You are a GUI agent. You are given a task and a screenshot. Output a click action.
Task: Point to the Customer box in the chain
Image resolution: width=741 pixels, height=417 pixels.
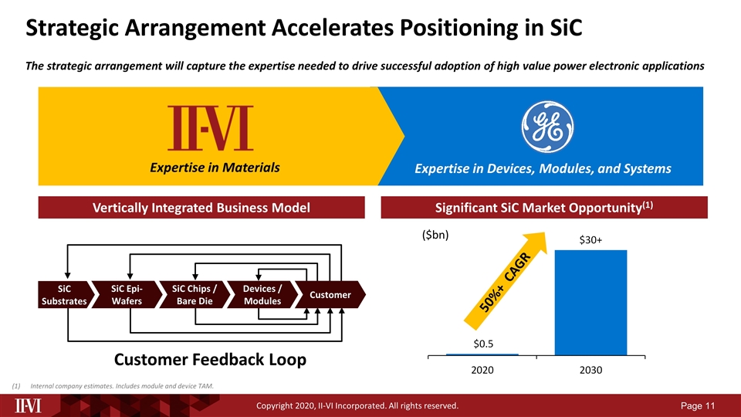click(x=330, y=295)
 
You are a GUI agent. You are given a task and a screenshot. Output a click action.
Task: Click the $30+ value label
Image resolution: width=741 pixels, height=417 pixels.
click(x=590, y=240)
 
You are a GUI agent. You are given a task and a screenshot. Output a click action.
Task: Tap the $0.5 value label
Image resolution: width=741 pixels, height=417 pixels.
click(x=482, y=342)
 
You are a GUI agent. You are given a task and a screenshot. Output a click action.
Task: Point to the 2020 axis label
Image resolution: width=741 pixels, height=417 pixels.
click(x=482, y=370)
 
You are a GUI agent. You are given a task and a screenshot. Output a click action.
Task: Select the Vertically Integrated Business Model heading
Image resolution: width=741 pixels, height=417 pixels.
click(x=201, y=207)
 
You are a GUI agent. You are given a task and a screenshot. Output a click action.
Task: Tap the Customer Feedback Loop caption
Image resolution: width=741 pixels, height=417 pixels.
click(x=211, y=359)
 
